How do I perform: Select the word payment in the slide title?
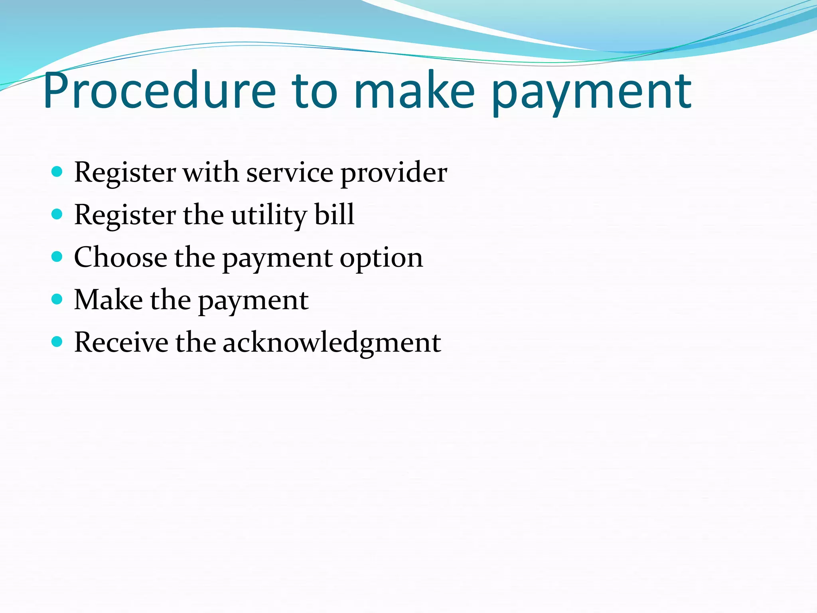[591, 94]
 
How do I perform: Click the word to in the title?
[315, 91]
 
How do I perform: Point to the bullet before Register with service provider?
[57, 172]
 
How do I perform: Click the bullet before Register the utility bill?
[57, 215]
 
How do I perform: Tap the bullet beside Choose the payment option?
[57, 257]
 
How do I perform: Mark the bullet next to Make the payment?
[57, 299]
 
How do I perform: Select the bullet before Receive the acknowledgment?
[57, 342]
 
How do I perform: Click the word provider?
[394, 174]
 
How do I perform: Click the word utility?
[269, 216]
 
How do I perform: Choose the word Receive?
[121, 342]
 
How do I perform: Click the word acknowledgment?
[332, 343]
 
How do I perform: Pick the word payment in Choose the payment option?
[277, 259]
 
